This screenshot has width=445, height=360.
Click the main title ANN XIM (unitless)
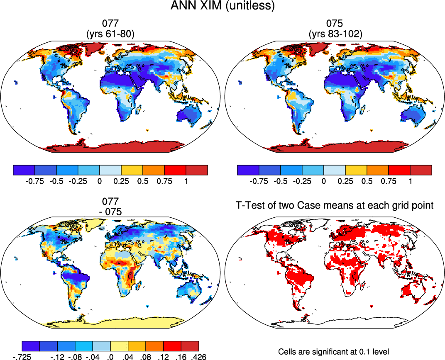(x=222, y=6)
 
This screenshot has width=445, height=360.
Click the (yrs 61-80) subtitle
(x=110, y=35)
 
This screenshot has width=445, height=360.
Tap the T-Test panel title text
(x=333, y=206)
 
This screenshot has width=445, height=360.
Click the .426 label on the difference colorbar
(x=198, y=356)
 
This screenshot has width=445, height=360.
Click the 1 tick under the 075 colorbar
(x=410, y=181)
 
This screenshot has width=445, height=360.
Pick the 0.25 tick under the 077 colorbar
(x=122, y=181)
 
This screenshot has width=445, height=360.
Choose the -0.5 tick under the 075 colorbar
(x=281, y=181)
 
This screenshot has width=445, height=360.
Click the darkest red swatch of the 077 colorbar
(x=197, y=170)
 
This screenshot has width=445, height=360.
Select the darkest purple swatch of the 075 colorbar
(x=248, y=170)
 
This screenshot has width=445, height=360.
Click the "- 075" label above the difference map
(x=110, y=211)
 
